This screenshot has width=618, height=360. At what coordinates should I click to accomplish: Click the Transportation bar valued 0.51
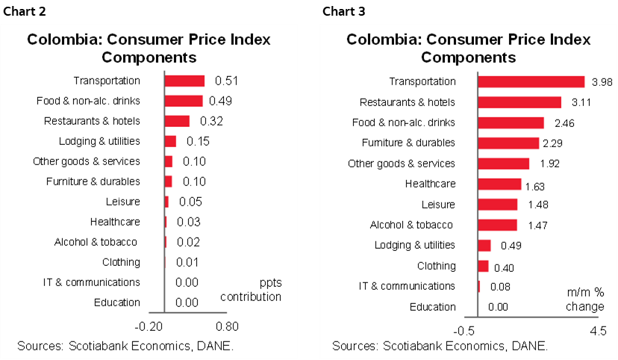(x=184, y=81)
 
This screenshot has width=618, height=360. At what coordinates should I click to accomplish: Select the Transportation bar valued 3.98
(x=531, y=81)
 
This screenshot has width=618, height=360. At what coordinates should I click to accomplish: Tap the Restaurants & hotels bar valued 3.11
(x=519, y=102)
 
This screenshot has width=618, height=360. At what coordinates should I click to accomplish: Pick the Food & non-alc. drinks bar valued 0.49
(x=184, y=101)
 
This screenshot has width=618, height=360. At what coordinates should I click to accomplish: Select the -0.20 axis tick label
(x=149, y=326)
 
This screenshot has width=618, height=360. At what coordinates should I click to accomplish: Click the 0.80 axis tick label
(x=227, y=326)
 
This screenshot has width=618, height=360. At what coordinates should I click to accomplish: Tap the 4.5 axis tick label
(x=598, y=331)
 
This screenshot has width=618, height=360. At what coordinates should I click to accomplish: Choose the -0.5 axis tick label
(x=465, y=331)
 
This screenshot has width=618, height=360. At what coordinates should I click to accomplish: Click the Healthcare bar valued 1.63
(x=499, y=184)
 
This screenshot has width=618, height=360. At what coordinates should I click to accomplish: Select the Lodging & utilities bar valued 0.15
(x=170, y=141)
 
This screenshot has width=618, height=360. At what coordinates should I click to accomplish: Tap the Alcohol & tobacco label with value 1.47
(x=412, y=225)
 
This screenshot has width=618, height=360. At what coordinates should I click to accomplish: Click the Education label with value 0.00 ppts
(x=117, y=302)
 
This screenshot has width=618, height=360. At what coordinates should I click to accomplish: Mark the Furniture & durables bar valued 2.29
(x=508, y=143)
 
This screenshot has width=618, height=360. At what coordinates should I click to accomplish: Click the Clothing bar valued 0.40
(x=483, y=266)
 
